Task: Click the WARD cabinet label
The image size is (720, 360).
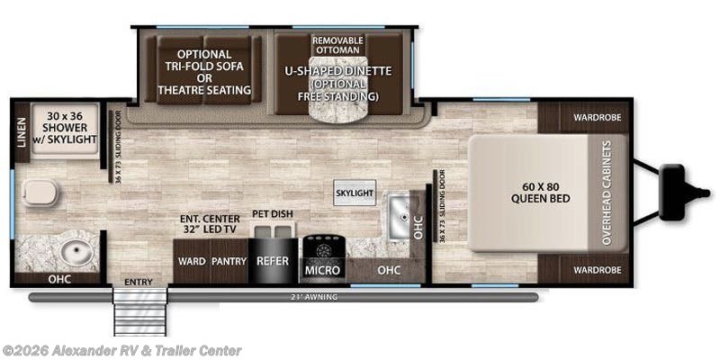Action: [191, 261]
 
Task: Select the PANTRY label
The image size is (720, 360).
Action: [229, 261]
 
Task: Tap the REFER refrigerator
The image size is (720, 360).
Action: [273, 261]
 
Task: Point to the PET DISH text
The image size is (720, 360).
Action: [273, 213]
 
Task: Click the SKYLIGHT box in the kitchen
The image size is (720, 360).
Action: [354, 193]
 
